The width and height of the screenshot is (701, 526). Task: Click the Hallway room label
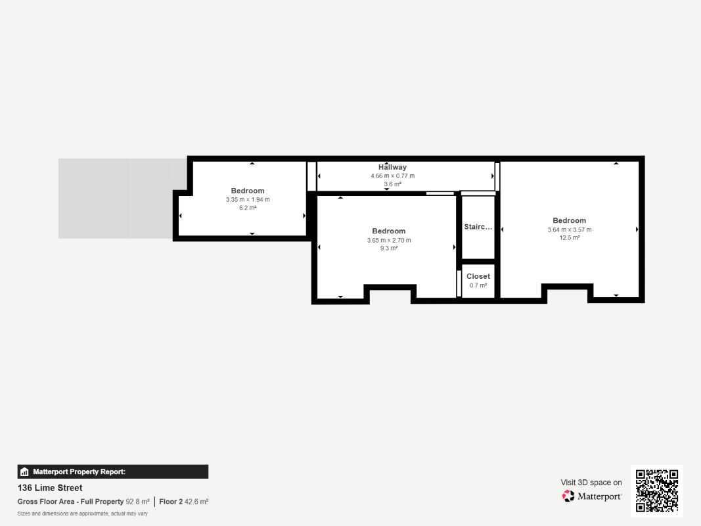tap(392, 167)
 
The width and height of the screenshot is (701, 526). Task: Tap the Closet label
tap(478, 276)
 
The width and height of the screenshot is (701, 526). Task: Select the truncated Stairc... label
tap(478, 227)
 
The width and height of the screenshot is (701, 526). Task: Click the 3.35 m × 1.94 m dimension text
tap(248, 199)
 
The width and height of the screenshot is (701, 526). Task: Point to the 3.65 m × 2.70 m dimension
tap(389, 240)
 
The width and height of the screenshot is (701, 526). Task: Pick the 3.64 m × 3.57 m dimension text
tap(570, 230)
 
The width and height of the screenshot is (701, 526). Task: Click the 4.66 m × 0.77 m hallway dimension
tap(392, 176)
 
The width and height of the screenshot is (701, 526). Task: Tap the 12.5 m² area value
tap(570, 237)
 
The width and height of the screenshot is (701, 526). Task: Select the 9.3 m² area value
tap(389, 249)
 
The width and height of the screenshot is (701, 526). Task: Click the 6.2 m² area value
tap(248, 208)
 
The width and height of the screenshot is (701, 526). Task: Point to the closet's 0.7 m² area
tap(478, 285)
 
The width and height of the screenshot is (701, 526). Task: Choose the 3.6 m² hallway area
tap(392, 184)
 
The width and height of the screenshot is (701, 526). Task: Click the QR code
tap(657, 490)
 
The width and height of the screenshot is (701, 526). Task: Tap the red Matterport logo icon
tap(568, 496)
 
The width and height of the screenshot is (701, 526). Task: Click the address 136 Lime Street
tap(50, 488)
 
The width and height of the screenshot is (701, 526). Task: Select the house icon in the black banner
tap(24, 472)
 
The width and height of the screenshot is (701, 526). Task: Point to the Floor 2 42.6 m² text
tap(184, 502)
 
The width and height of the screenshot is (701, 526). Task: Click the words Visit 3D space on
tap(591, 483)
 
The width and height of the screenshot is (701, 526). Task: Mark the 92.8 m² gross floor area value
tap(138, 502)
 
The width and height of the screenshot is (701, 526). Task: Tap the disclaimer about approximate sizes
tap(83, 514)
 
